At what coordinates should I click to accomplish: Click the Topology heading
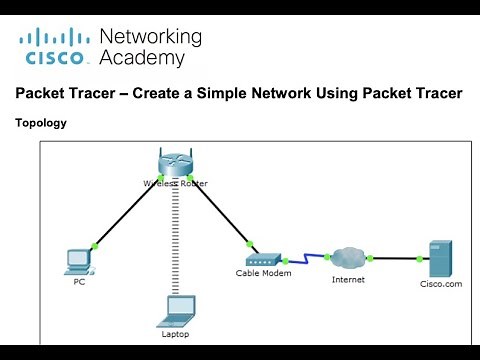pos(42,123)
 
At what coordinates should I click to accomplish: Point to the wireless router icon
pos(173,162)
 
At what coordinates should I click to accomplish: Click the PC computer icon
pos(78,260)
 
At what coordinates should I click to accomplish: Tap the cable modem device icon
pos(262,257)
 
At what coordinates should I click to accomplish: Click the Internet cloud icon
pos(348,258)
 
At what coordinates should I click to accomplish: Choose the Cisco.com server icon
pos(440,258)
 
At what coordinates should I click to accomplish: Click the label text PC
pos(79,282)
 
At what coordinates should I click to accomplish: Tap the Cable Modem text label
pos(262,273)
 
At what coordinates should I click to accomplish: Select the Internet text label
pos(348,279)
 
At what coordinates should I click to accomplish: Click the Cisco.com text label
pos(439,283)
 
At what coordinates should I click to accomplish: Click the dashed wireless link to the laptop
pos(175,240)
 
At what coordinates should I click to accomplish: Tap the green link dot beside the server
pos(419,259)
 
